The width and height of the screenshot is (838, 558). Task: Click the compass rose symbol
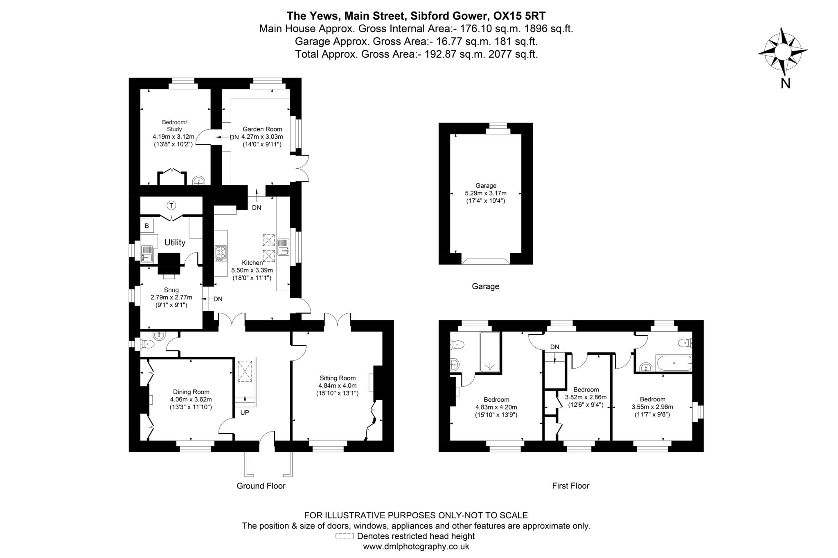coord(783,52)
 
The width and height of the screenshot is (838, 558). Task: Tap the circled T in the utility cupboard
coord(171,205)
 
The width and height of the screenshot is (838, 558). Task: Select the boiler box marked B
coord(146,226)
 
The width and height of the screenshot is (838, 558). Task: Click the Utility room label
coord(175,242)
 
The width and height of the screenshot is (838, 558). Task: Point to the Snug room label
coord(171,290)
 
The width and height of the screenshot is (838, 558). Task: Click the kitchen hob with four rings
coord(220,253)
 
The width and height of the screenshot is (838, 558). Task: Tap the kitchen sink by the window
coord(283,247)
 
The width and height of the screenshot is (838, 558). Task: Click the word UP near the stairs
coord(244,413)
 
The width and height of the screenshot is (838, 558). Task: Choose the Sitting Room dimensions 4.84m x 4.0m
coord(338,385)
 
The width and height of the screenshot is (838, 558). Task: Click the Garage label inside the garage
coord(486,185)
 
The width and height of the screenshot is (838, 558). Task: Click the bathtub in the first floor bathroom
coord(673,363)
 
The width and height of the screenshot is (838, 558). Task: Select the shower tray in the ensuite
coord(489,352)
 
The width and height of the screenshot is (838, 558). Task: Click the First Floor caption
coord(570,486)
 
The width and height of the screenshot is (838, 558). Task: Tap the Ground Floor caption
coord(261,486)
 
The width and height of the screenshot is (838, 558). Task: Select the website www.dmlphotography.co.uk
coord(416,547)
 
